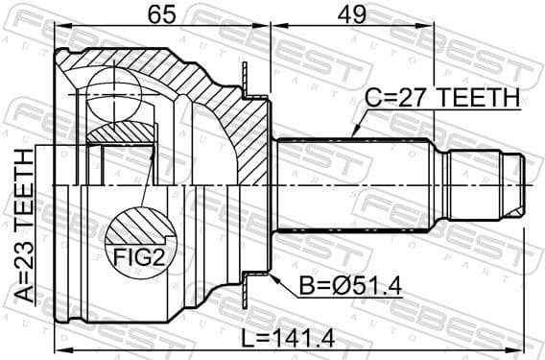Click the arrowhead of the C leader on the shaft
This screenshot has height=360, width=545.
[352, 135]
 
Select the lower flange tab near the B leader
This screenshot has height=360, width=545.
[252, 277]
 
